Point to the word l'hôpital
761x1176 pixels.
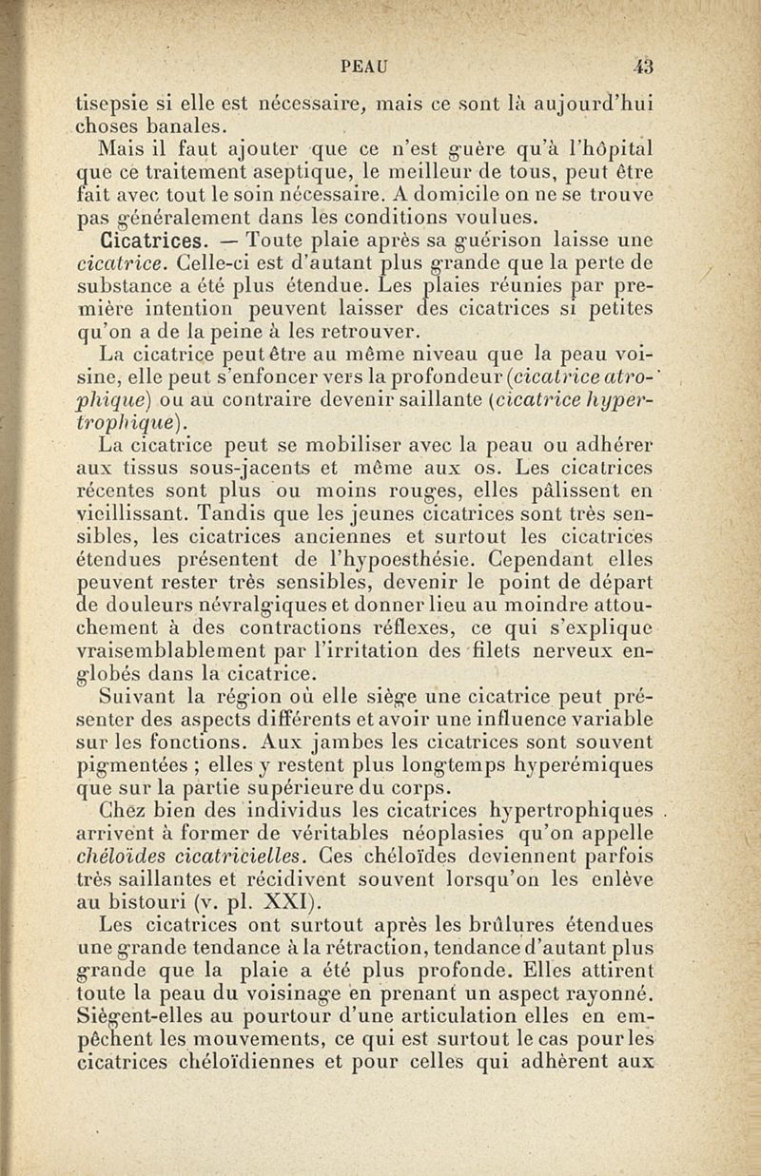[x=621, y=148]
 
